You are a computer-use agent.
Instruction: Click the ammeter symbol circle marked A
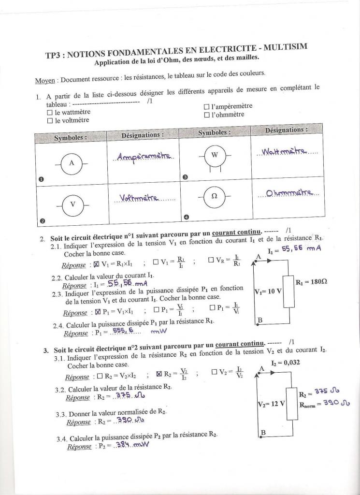72,163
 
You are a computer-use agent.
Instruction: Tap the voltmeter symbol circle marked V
73,204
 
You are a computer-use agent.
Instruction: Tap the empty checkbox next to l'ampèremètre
207,106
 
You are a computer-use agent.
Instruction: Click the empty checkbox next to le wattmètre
49,112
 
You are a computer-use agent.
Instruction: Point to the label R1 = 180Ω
312,282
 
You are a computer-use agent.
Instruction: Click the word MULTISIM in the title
285,47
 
